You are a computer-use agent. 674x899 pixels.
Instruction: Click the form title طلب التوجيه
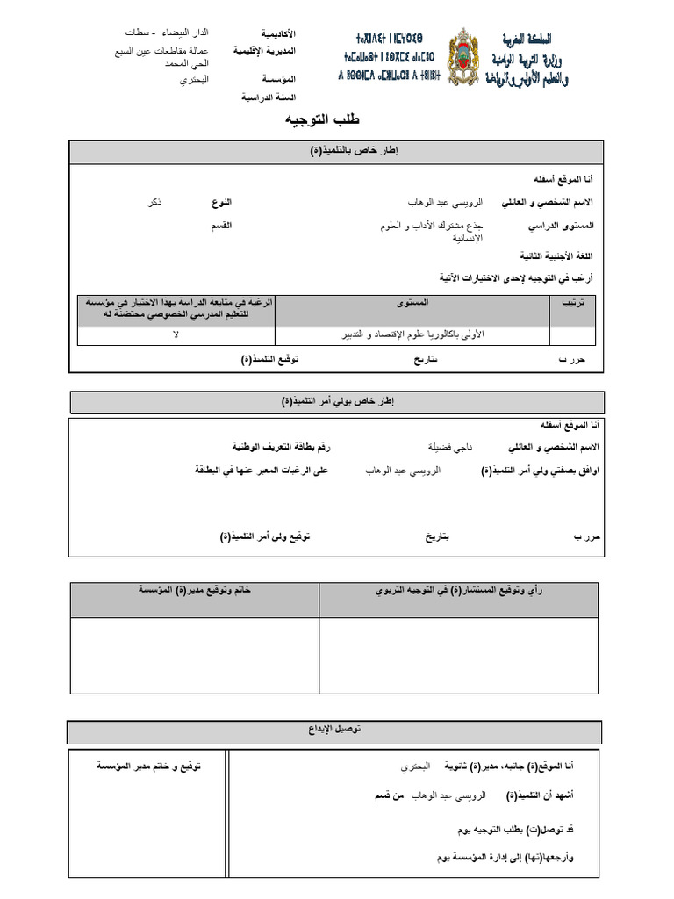323,119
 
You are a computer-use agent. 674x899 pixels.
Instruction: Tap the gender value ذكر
154,202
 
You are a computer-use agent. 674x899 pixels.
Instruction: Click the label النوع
221,202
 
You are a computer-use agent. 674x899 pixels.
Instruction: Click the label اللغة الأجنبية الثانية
557,255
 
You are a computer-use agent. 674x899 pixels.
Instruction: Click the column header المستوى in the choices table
412,303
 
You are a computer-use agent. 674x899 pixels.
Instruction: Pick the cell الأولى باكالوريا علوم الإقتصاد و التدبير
412,335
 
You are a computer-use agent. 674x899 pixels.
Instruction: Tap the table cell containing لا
176,335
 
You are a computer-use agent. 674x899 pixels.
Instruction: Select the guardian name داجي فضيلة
449,447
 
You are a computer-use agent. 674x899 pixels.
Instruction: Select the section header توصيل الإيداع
334,731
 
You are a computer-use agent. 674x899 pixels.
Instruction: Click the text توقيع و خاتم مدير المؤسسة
148,766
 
